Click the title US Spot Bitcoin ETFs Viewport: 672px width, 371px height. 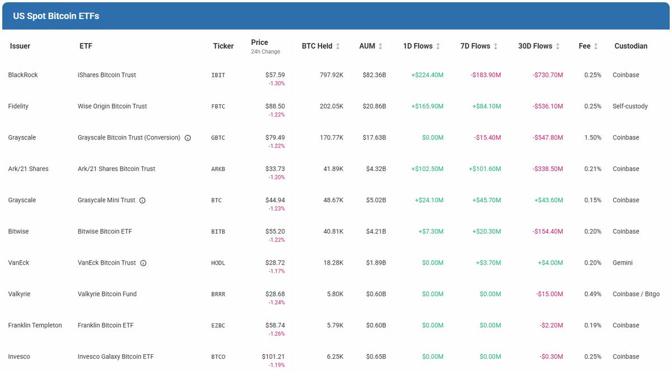click(x=56, y=16)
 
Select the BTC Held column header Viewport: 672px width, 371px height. click(x=317, y=46)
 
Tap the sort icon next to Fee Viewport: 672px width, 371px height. click(x=595, y=47)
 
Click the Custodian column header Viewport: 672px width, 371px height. click(x=631, y=46)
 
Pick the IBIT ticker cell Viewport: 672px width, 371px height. click(x=218, y=75)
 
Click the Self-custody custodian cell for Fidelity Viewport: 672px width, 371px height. click(x=630, y=106)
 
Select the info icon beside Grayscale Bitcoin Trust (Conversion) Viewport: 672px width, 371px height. click(x=188, y=138)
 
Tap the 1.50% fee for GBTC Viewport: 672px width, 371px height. click(x=592, y=138)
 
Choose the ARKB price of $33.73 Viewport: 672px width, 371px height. click(x=275, y=169)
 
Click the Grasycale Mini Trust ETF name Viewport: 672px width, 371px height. click(x=106, y=200)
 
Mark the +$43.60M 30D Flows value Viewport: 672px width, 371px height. click(x=546, y=200)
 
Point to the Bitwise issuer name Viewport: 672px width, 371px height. click(x=19, y=231)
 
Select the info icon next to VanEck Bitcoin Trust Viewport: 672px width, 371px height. click(x=143, y=263)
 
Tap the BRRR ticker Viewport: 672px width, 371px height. click(x=218, y=294)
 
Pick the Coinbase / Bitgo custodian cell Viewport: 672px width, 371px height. click(x=636, y=294)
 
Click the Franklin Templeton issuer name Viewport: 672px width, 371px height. click(x=35, y=326)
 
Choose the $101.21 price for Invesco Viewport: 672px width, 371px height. click(x=273, y=356)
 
